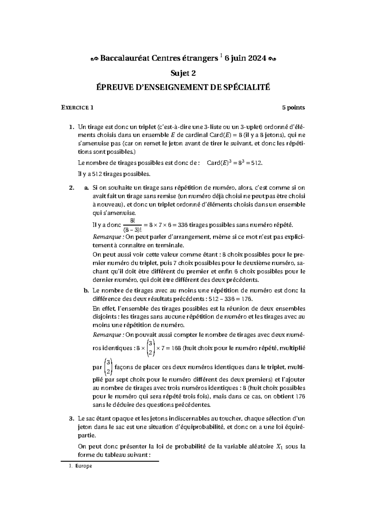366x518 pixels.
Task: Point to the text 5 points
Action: pyautogui.click(x=293, y=107)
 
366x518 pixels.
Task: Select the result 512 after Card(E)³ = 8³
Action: pyautogui.click(x=256, y=163)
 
